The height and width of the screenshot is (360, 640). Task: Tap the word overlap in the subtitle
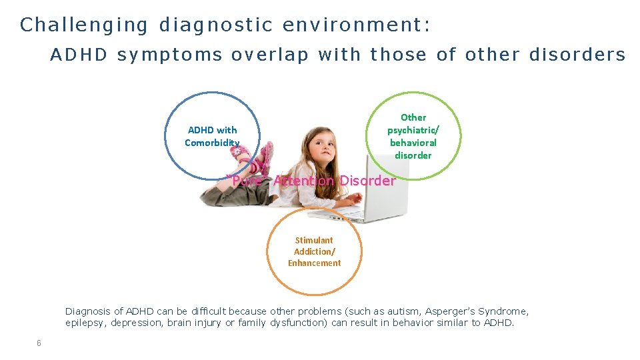pyautogui.click(x=270, y=55)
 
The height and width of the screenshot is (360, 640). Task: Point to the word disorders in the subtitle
pyautogui.click(x=577, y=55)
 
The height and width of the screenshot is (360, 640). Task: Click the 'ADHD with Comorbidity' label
pyautogui.click(x=212, y=136)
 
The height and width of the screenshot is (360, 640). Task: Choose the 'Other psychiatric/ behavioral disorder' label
pyautogui.click(x=413, y=136)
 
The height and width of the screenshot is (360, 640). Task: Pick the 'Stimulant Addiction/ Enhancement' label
pyautogui.click(x=314, y=251)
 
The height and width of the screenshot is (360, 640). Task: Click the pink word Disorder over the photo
pyautogui.click(x=367, y=181)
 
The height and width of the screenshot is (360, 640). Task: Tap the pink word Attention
pyautogui.click(x=303, y=181)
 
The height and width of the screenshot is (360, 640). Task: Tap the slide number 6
pyautogui.click(x=39, y=343)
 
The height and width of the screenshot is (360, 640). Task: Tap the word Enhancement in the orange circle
pyautogui.click(x=314, y=263)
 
